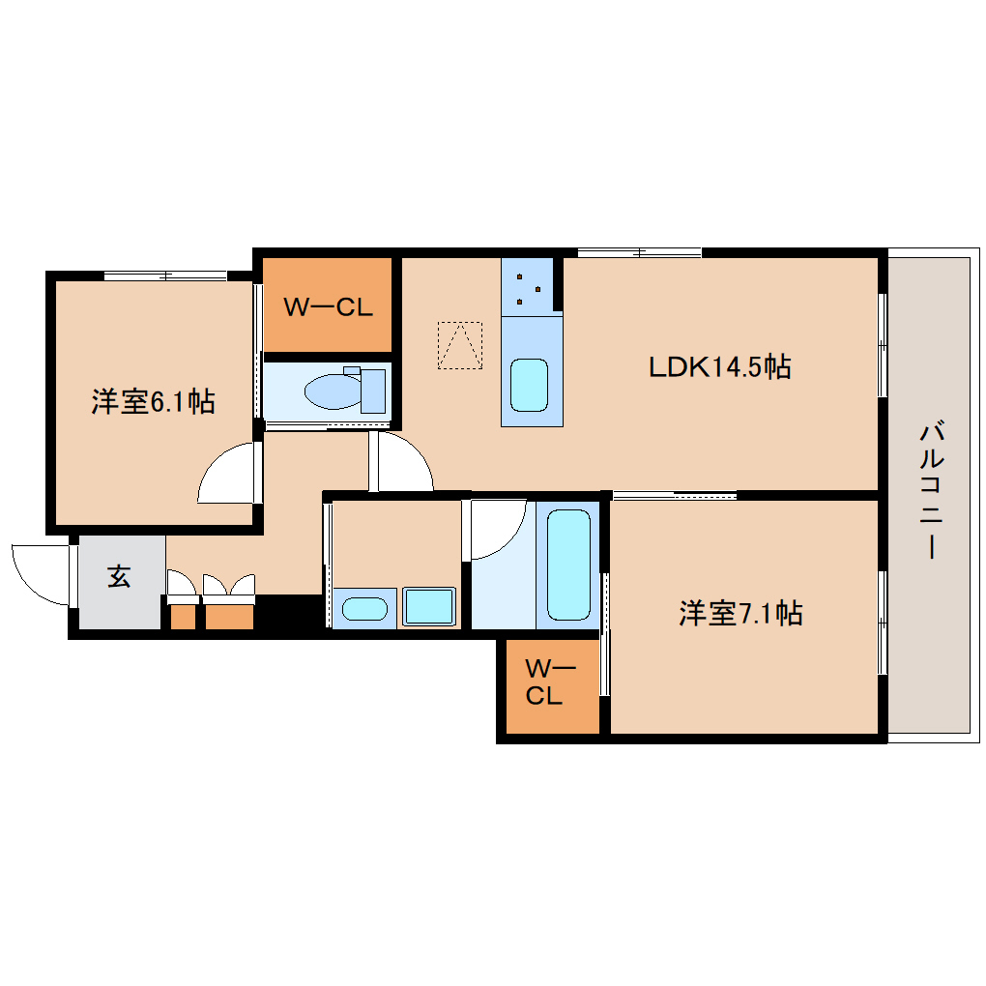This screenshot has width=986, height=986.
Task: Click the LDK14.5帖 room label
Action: coord(719,366)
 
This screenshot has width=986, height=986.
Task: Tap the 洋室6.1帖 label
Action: coord(154,401)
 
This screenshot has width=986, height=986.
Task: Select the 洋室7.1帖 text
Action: coord(740,613)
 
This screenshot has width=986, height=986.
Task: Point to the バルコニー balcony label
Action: coord(931,490)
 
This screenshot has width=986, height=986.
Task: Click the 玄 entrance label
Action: coord(119,576)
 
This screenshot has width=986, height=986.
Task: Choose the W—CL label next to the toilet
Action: coord(329,306)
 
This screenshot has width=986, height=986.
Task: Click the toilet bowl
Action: coord(333,391)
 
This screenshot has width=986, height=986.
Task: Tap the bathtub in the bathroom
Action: coord(568,565)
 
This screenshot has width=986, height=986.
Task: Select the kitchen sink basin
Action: coord(529,385)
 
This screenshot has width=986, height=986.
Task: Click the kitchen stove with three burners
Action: coord(527,287)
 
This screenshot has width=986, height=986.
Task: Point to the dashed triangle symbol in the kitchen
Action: coord(460,345)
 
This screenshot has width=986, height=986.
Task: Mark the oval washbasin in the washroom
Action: coord(364,609)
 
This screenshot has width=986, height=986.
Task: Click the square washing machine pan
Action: coord(429,606)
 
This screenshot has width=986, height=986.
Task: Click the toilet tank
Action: coord(373,391)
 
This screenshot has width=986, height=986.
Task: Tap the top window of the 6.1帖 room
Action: coord(165,275)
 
